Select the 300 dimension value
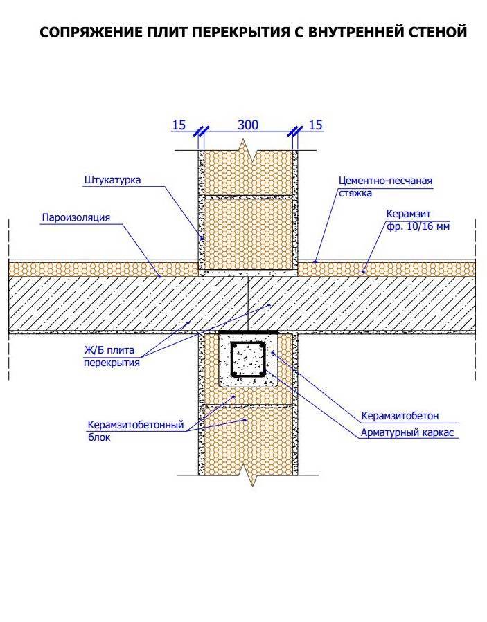tap(248, 125)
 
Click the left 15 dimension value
tap(179, 125)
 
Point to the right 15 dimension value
tap(315, 125)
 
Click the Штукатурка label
tap(112, 180)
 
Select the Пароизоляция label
tap(76, 217)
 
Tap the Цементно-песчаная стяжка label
tap(385, 187)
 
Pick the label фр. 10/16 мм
tap(418, 226)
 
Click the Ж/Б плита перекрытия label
tap(112, 356)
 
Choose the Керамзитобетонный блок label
tap(136, 431)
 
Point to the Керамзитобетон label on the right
tap(400, 416)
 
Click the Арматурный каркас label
tap(407, 432)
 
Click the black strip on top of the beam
tap(248, 331)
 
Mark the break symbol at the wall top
tap(248, 150)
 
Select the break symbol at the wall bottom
tap(248, 475)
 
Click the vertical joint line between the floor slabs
tap(248, 304)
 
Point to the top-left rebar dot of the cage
tap(235, 347)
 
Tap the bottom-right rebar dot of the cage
tap(261, 374)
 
